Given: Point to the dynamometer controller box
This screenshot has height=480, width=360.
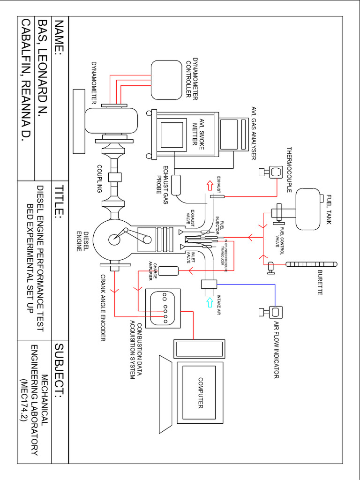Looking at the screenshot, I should tap(166, 80).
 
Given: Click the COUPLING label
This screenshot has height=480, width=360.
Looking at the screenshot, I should tap(99, 179).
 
